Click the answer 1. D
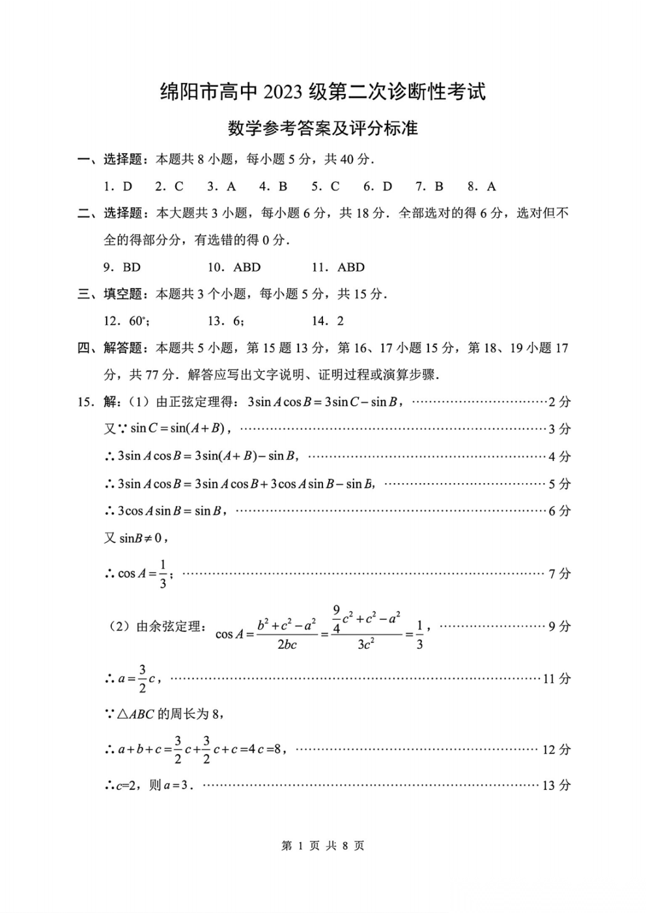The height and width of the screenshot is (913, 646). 118,187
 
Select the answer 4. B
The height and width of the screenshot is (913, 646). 273,187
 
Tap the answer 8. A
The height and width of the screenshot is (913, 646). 482,187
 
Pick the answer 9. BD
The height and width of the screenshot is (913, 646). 122,267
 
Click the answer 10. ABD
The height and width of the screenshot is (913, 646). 234,267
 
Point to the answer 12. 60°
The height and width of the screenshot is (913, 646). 126,321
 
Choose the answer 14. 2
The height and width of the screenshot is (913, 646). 328,321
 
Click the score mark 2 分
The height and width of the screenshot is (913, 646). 560,402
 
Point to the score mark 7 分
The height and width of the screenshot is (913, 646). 560,574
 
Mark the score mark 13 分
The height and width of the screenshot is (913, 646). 557,786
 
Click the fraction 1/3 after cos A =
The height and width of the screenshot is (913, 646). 163,574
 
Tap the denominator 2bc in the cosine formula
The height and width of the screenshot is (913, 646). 287,645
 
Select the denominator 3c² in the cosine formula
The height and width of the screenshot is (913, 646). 365,645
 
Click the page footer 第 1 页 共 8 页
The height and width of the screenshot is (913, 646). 322,845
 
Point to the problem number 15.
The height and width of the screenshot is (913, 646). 86,402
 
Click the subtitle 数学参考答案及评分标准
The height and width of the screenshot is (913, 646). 322,128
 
